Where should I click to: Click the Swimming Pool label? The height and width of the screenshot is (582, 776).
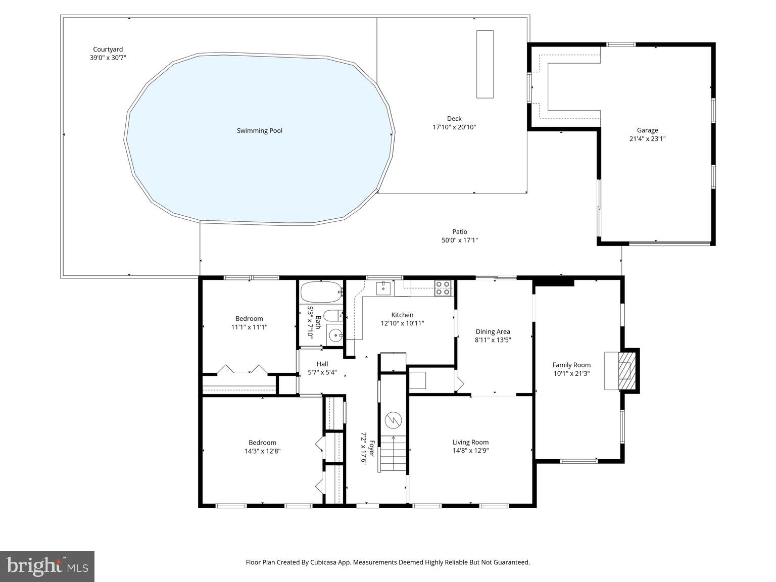(259, 131)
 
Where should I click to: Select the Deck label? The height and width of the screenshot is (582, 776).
(454, 119)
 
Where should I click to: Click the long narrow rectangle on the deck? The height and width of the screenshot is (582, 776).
(485, 64)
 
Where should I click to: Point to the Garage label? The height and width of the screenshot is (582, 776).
(647, 130)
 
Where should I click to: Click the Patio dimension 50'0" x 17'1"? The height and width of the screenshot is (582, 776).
(460, 240)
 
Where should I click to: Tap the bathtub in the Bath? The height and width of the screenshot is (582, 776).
(321, 292)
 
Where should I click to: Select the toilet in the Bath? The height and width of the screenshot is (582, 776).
(332, 316)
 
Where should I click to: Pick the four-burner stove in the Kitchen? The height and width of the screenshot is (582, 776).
(443, 288)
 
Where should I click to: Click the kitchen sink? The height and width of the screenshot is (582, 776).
(383, 288)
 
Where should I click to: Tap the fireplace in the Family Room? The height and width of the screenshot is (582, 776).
(625, 370)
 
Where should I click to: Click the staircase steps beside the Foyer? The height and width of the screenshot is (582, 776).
(393, 453)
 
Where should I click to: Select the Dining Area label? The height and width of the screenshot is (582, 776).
(493, 332)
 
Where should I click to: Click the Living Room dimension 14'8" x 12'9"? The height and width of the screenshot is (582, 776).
(470, 451)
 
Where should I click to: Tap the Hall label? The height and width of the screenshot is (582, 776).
(322, 364)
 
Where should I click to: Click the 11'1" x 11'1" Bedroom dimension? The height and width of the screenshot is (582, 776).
(249, 327)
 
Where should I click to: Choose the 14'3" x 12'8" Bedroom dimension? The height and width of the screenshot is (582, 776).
(262, 451)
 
